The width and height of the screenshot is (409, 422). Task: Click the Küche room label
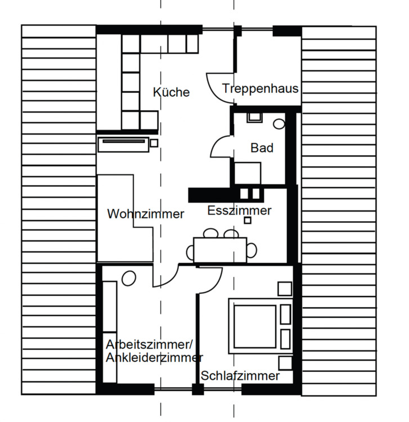[x=172, y=92]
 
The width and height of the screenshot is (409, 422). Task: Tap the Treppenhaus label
[x=260, y=89]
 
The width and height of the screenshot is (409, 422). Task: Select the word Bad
[x=262, y=148]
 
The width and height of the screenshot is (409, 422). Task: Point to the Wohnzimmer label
[x=146, y=214]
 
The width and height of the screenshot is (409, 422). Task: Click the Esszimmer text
[x=239, y=211]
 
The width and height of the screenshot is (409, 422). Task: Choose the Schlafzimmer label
[x=240, y=376]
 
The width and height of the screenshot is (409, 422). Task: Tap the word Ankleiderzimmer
[x=154, y=358]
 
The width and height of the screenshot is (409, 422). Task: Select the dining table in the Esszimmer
[x=220, y=248]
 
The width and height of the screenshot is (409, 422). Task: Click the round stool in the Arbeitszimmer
[x=128, y=278]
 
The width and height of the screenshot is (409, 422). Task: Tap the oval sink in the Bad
[x=279, y=123]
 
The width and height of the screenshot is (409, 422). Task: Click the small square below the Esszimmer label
[x=248, y=221]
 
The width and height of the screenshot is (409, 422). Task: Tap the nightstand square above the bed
[x=285, y=288]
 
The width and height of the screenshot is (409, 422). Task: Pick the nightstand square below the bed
[x=285, y=362]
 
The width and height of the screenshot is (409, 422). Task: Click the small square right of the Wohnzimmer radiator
[x=154, y=143]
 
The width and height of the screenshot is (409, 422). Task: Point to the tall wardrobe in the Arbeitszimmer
[x=110, y=331]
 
